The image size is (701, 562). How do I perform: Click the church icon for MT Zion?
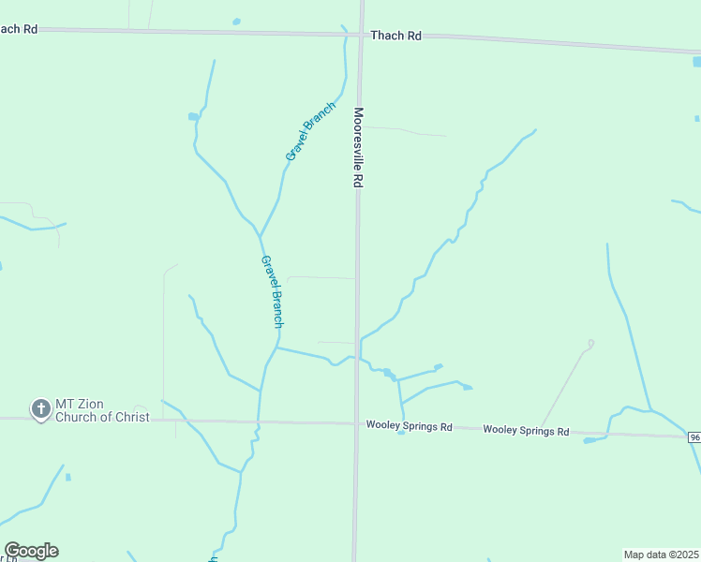[x=40, y=409]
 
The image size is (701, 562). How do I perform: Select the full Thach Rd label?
[x=395, y=36]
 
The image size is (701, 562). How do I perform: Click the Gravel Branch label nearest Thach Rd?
[x=310, y=130]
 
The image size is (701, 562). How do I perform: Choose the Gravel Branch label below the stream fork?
[x=272, y=291]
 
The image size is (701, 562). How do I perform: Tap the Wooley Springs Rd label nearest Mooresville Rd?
[x=409, y=427]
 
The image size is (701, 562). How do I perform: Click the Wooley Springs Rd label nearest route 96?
[x=526, y=431]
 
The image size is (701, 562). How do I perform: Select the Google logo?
[x=31, y=551]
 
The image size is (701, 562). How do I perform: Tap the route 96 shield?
[x=694, y=437]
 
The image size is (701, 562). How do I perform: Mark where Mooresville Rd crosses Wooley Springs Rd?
[x=356, y=424]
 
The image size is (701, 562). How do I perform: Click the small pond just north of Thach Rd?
[x=236, y=21]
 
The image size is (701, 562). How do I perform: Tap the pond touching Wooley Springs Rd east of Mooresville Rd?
[x=401, y=432]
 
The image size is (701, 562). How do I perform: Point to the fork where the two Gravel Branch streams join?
[x=260, y=235]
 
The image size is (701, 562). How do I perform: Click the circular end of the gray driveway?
[x=590, y=343]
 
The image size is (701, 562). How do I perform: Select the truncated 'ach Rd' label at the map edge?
[x=18, y=29]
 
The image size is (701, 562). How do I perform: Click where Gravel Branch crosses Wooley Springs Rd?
[x=258, y=421]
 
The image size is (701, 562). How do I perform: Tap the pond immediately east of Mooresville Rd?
[x=387, y=373]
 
